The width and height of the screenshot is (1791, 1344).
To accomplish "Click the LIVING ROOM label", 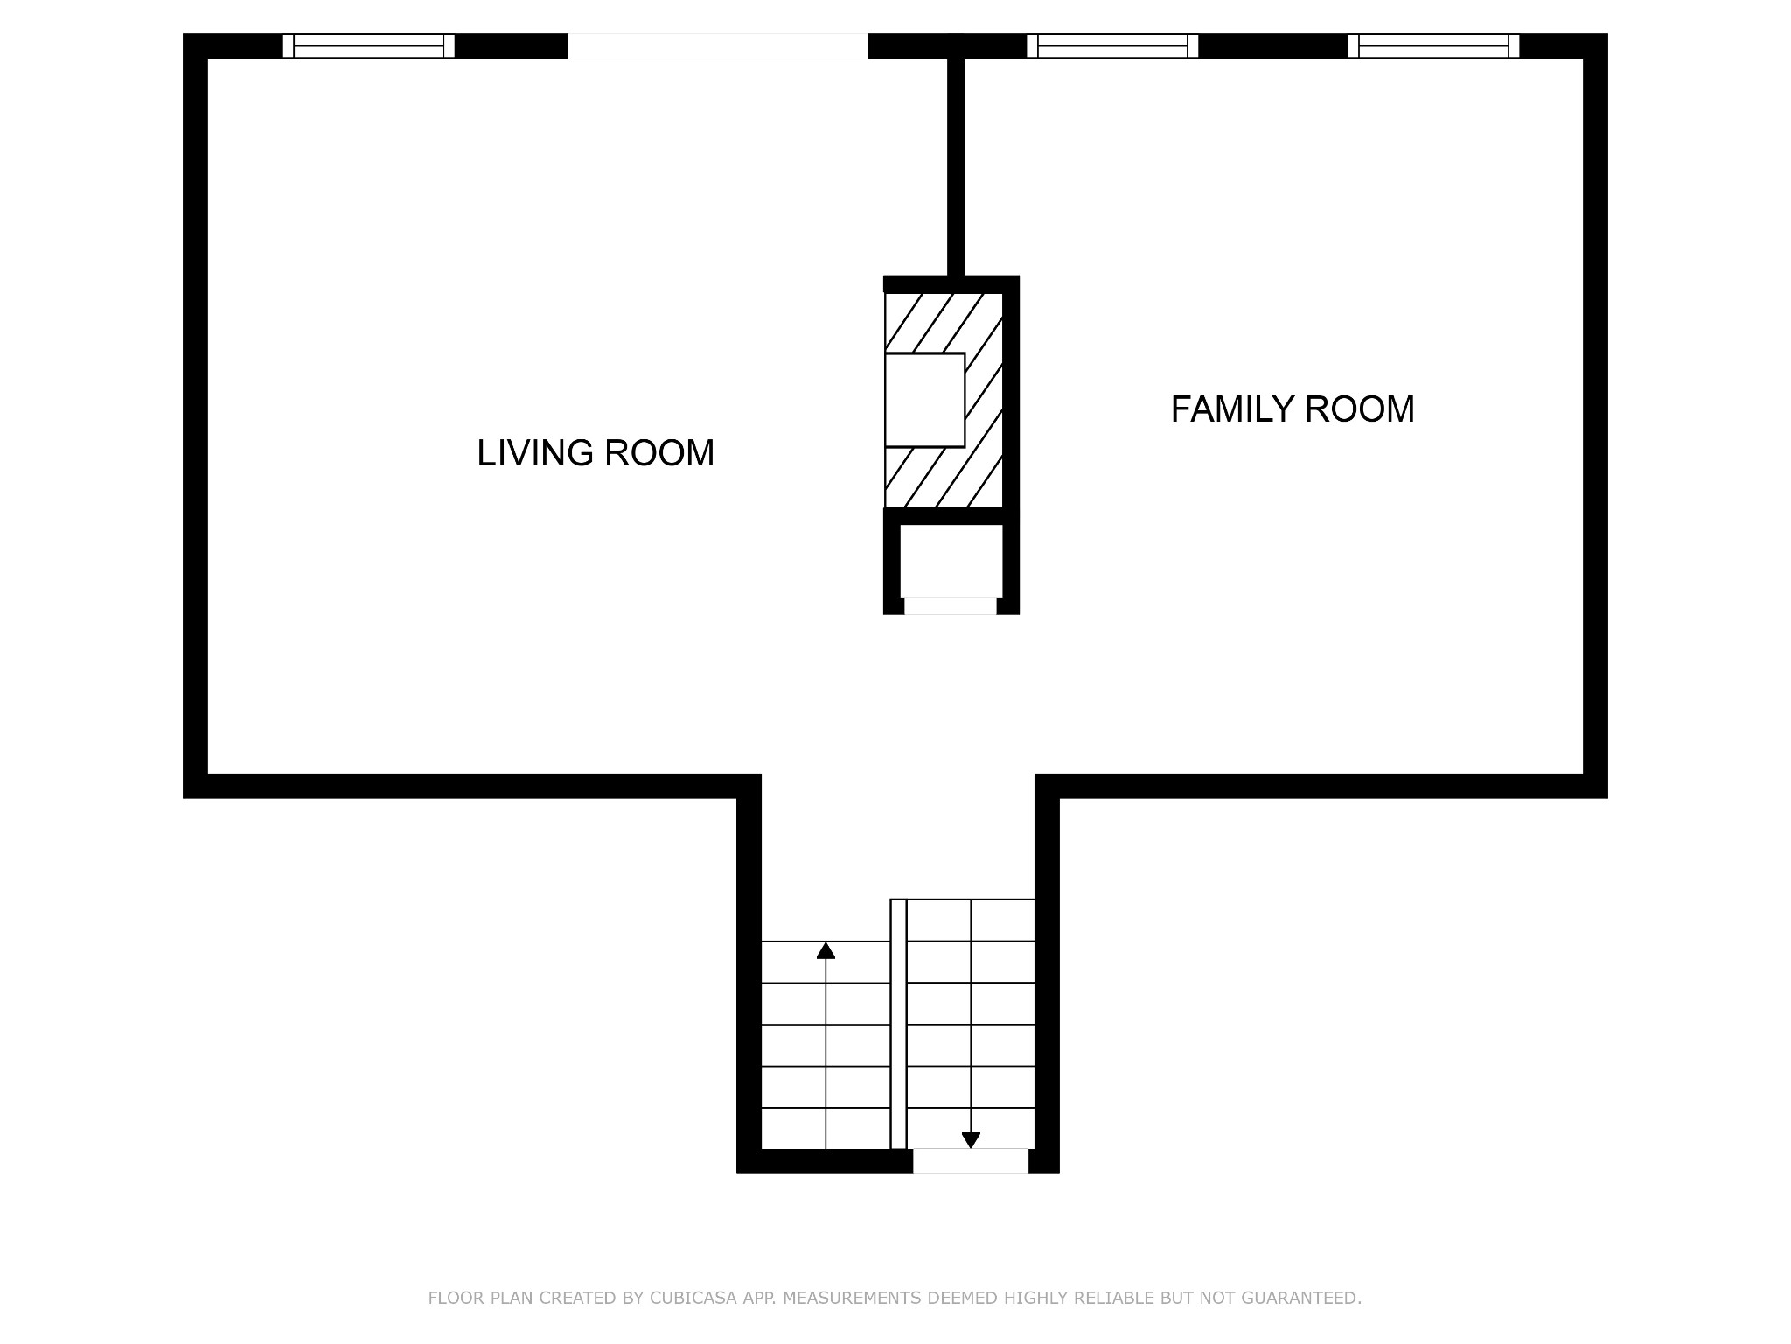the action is (x=596, y=453).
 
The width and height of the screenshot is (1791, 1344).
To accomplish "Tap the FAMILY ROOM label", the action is (x=1293, y=409).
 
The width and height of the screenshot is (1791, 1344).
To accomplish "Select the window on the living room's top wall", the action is (x=368, y=45).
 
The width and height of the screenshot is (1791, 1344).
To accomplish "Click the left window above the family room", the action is (x=1112, y=45).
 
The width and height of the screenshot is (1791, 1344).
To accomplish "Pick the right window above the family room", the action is (x=1433, y=45).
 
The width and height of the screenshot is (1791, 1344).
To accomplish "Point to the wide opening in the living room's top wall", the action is (x=718, y=45).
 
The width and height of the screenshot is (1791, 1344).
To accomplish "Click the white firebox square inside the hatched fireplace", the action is (x=924, y=400).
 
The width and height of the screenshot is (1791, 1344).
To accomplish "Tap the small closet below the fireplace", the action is (x=951, y=561).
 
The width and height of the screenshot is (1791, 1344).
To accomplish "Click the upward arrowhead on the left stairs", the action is (x=826, y=950).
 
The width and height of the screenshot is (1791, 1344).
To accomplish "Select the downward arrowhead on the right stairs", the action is (x=971, y=1140).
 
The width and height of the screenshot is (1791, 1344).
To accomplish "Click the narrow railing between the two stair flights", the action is (x=898, y=1024).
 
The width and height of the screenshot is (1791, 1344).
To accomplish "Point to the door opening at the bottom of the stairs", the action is (x=971, y=1161).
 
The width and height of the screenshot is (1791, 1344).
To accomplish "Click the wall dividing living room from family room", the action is (x=956, y=166).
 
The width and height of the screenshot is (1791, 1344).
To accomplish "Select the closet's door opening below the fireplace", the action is (x=951, y=605).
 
